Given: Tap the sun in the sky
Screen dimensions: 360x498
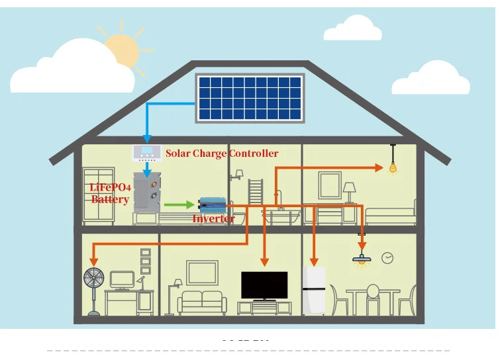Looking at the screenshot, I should point(122,46).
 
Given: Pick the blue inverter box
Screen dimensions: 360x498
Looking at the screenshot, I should point(213,205).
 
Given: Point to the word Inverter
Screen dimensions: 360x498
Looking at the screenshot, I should point(213,218).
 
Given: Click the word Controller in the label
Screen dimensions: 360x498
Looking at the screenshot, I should point(254,154).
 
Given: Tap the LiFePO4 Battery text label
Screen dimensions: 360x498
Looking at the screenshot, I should point(110,193).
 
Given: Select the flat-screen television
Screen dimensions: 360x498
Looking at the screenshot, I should point(264,285).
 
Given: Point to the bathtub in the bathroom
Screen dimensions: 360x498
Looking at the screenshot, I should point(281,215).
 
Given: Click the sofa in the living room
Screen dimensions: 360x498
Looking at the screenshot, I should point(199,302).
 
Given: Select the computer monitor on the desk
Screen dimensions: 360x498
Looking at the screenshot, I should point(122,278).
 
